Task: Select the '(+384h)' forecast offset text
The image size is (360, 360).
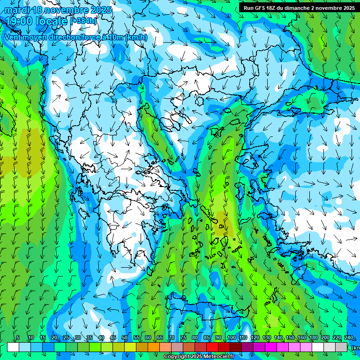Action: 84,21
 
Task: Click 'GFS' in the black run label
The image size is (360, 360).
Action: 261,8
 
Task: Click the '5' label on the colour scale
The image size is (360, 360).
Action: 18,338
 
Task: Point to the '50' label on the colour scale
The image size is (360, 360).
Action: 125,338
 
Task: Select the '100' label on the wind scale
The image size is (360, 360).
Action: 231,338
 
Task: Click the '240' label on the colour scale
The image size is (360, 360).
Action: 348,338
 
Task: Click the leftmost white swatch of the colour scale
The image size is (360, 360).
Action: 13,347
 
